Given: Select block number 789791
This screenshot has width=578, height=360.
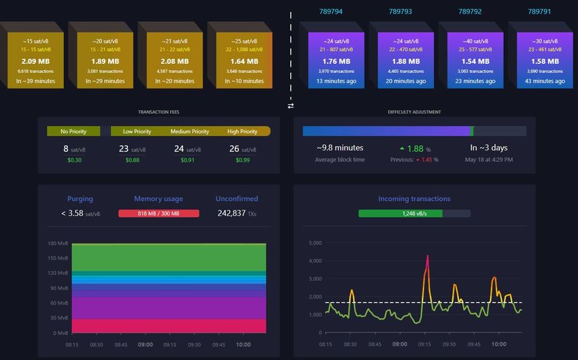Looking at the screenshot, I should pyautogui.click(x=539, y=11).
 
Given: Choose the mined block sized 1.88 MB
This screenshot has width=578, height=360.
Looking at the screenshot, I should pyautogui.click(x=405, y=61).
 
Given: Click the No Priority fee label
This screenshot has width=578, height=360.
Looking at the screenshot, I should pyautogui.click(x=73, y=131).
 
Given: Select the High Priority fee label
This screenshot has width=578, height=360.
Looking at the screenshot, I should pyautogui.click(x=243, y=131).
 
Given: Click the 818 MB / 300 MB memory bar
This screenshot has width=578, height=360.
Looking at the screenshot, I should pyautogui.click(x=158, y=213).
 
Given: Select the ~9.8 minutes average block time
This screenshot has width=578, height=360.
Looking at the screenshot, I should pyautogui.click(x=340, y=148).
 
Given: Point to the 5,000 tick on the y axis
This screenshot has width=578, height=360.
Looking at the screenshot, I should pyautogui.click(x=314, y=243).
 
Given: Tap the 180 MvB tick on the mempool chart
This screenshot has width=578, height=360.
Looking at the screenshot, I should pyautogui.click(x=57, y=243).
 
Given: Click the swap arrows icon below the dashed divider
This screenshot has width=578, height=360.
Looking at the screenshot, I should pyautogui.click(x=291, y=105).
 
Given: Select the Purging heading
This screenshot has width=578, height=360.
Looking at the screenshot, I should pyautogui.click(x=80, y=199).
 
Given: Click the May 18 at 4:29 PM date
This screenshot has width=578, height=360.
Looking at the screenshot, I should pyautogui.click(x=488, y=160).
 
